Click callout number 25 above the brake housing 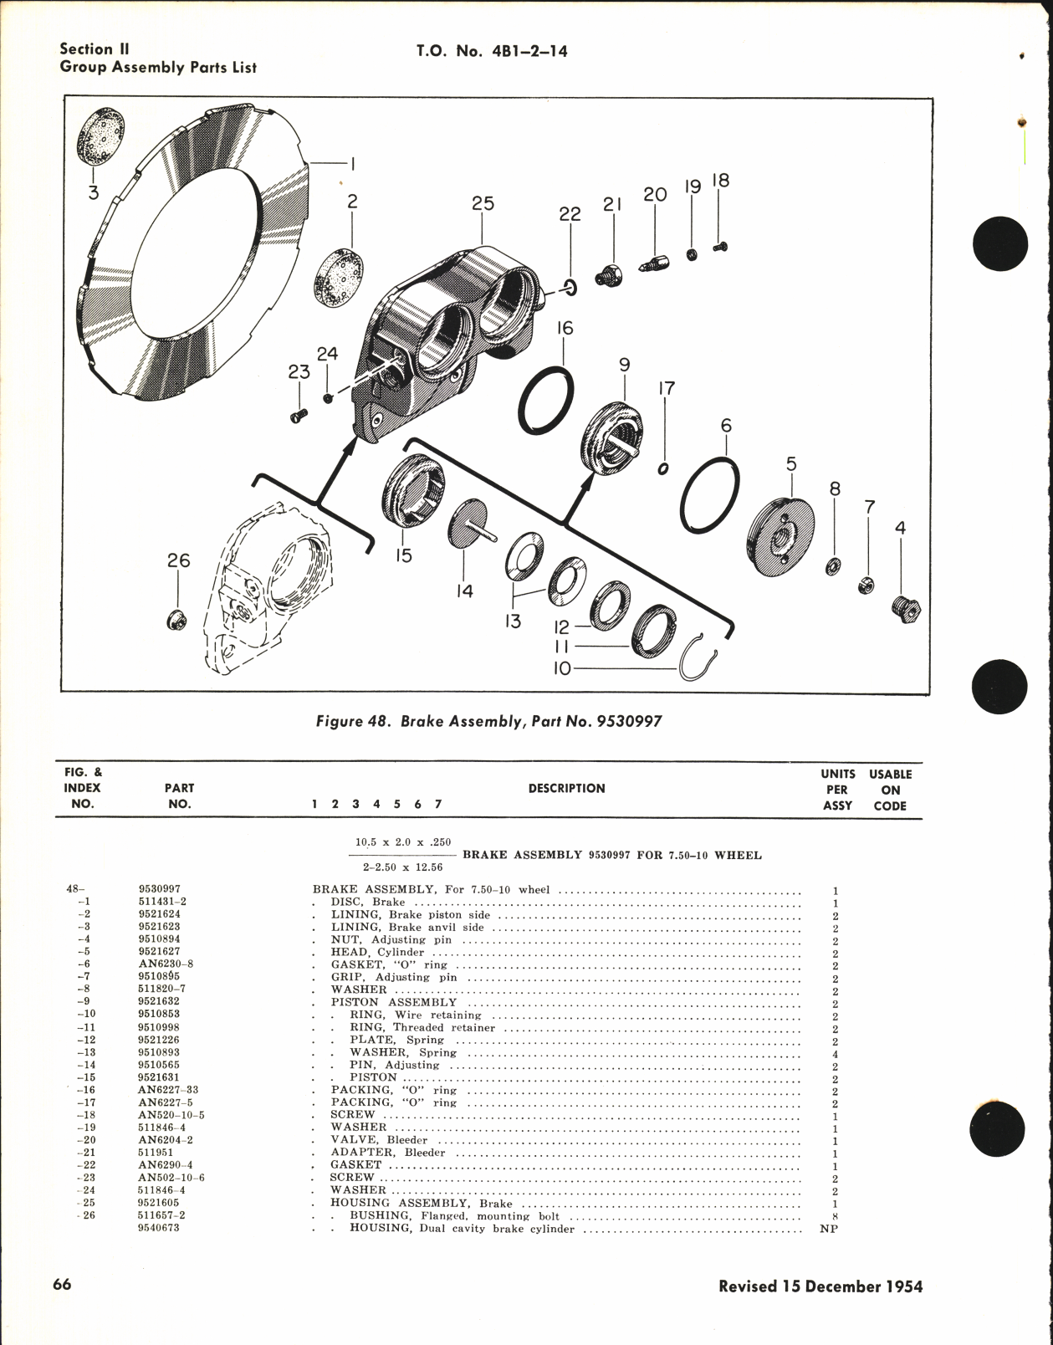483,203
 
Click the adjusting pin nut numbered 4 905,614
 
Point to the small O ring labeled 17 663,468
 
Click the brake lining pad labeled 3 101,145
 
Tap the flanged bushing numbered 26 176,620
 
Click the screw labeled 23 299,414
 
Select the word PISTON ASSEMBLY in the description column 393,1002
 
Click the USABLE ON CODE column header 890,790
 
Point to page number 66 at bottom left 62,1285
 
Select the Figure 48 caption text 488,720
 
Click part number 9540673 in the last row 159,1228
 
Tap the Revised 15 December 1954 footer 820,1286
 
